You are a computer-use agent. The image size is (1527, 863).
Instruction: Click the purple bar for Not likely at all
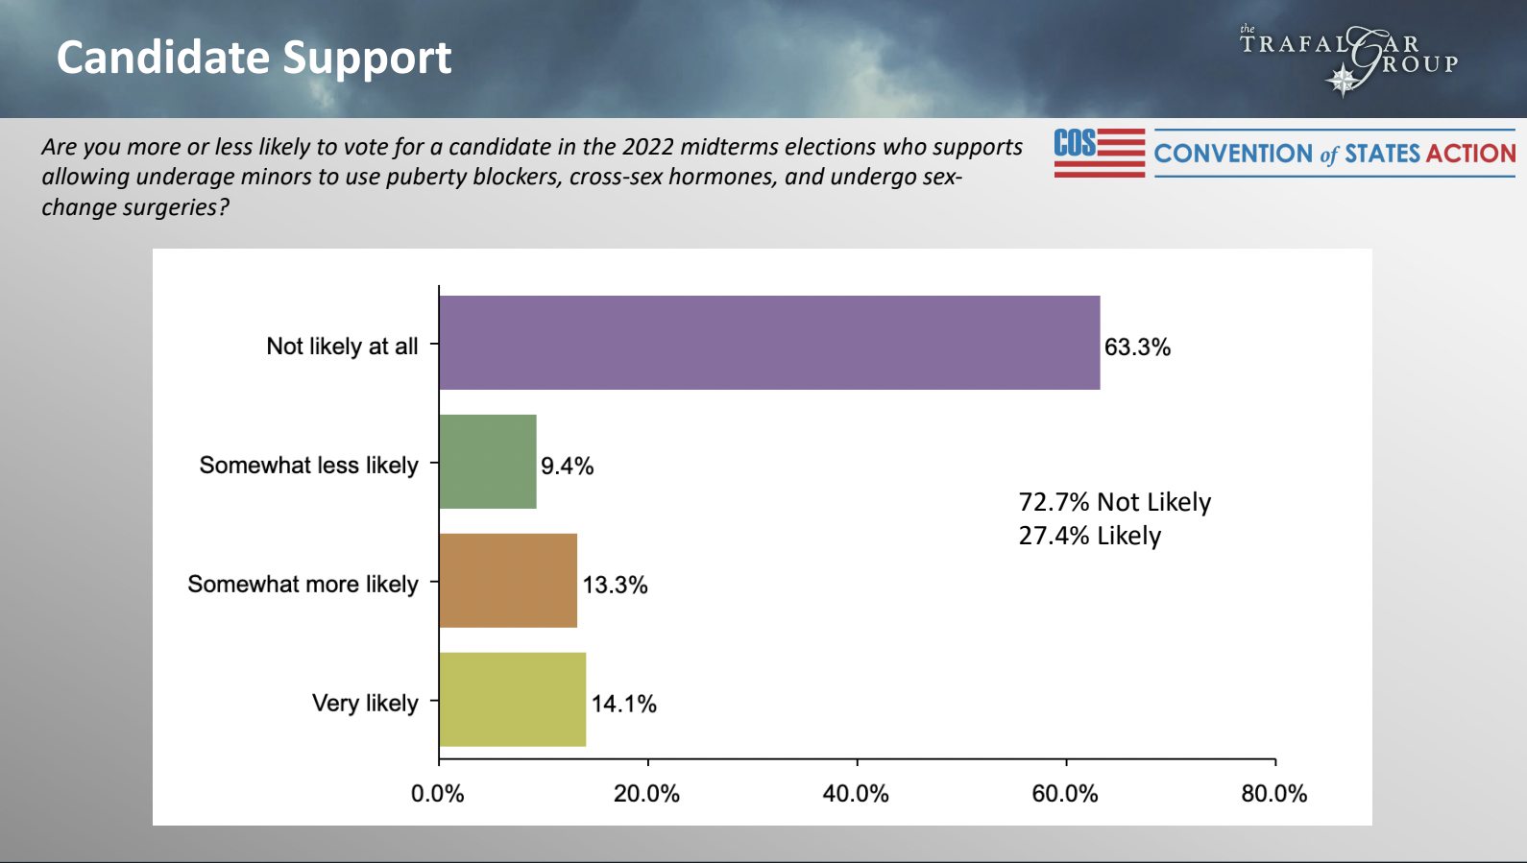(768, 343)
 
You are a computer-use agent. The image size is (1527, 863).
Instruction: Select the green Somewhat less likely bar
(488, 462)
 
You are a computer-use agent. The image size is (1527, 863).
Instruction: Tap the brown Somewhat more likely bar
(508, 581)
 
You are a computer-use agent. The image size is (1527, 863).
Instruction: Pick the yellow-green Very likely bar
(512, 700)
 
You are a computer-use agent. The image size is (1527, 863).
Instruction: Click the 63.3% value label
(1137, 348)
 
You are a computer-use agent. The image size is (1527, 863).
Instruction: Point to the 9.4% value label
(567, 467)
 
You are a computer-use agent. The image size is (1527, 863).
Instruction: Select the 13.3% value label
(615, 586)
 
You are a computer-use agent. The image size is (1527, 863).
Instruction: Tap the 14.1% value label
(623, 705)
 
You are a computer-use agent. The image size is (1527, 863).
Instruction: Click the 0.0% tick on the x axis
(438, 794)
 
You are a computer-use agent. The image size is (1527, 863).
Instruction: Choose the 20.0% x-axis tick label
(646, 794)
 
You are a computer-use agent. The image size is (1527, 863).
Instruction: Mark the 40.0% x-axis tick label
(856, 794)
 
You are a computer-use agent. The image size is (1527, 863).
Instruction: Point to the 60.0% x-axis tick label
(1065, 794)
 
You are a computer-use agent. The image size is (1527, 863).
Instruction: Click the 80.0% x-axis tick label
(1274, 794)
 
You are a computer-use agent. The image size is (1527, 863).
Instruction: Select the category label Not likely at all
(342, 347)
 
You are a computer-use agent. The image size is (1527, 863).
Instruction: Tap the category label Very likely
(365, 704)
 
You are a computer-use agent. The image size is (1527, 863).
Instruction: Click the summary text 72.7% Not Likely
(1115, 502)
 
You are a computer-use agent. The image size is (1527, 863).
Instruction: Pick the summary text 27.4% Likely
(1090, 536)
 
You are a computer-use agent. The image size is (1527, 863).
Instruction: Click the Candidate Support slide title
(254, 58)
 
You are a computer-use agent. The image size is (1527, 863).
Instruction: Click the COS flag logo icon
(1100, 153)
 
